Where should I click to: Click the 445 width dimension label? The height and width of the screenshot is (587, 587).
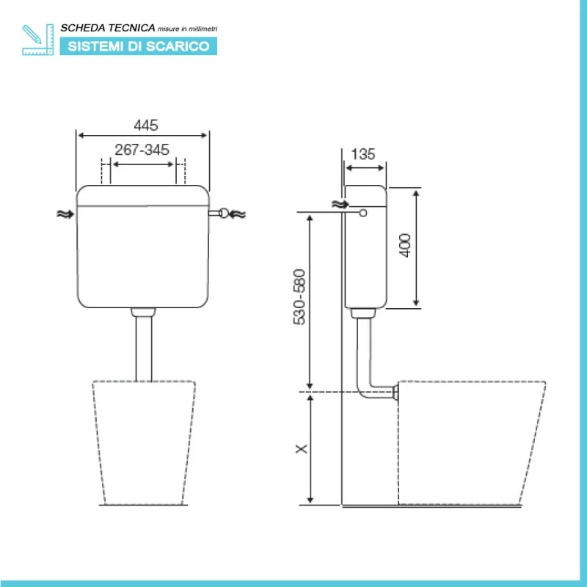pyautogui.click(x=146, y=125)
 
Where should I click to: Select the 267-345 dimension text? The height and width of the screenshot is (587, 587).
pyautogui.click(x=142, y=150)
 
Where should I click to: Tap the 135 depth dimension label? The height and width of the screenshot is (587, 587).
pyautogui.click(x=363, y=154)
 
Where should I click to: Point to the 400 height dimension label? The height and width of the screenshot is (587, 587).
pyautogui.click(x=405, y=245)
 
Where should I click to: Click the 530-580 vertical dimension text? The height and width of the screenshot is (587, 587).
pyautogui.click(x=299, y=297)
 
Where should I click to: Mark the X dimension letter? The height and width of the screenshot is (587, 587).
pyautogui.click(x=302, y=449)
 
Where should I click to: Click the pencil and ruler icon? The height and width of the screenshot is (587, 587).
pyautogui.click(x=38, y=40)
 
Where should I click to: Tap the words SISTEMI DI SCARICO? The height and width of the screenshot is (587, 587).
pyautogui.click(x=139, y=46)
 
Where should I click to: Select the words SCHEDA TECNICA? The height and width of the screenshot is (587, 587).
pyautogui.click(x=108, y=28)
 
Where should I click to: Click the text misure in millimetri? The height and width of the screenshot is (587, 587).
pyautogui.click(x=187, y=29)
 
